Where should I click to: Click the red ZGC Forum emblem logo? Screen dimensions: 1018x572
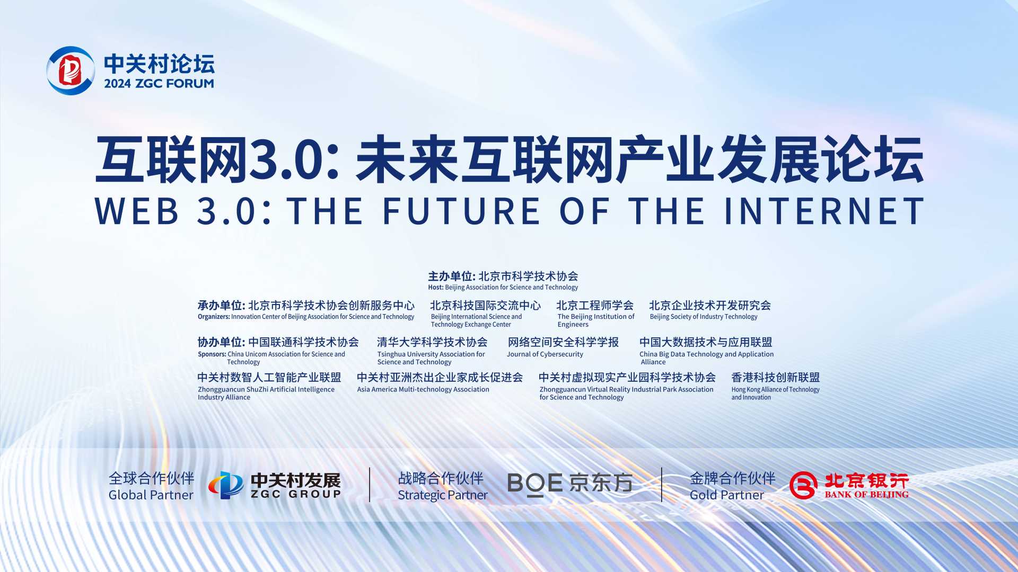pyautogui.click(x=71, y=70)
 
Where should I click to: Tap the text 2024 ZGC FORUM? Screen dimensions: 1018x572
pyautogui.click(x=159, y=83)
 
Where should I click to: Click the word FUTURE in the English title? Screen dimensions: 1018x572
pyautogui.click(x=461, y=211)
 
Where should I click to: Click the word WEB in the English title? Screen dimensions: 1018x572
pyautogui.click(x=137, y=211)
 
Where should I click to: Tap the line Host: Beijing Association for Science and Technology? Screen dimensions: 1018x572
pyautogui.click(x=503, y=288)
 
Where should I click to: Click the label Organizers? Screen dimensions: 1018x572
pyautogui.click(x=214, y=317)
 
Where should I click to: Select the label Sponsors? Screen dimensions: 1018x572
pyautogui.click(x=212, y=354)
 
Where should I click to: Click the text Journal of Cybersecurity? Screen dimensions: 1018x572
pyautogui.click(x=545, y=354)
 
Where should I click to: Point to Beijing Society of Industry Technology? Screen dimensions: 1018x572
pyautogui.click(x=704, y=317)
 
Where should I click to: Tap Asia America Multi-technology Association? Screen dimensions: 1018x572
pyautogui.click(x=423, y=389)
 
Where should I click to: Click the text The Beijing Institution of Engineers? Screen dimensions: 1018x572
pyautogui.click(x=596, y=320)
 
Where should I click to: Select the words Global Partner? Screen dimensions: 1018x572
pyautogui.click(x=151, y=495)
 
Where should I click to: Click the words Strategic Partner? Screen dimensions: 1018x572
pyautogui.click(x=443, y=495)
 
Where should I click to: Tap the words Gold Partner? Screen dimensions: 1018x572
pyautogui.click(x=727, y=495)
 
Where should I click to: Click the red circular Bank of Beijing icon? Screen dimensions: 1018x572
pyautogui.click(x=803, y=485)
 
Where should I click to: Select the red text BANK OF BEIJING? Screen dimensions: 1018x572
pyautogui.click(x=866, y=495)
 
